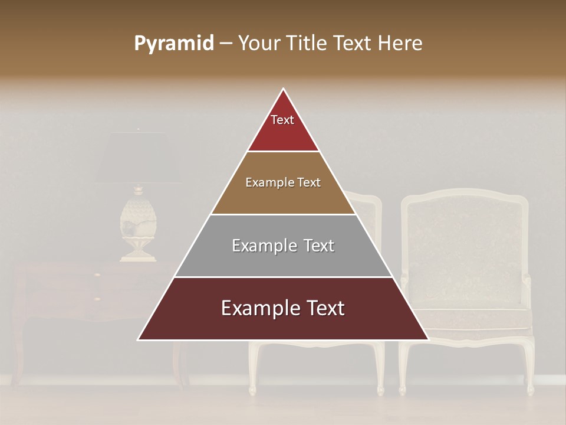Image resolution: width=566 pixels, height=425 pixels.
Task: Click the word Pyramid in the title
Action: tap(173, 44)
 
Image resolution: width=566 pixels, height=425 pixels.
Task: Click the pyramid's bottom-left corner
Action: tap(139, 339)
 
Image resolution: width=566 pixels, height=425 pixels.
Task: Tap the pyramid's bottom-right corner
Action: tap(427, 339)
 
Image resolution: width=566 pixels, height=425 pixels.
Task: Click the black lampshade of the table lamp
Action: tap(138, 157)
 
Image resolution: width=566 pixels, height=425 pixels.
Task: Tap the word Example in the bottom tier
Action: tap(254, 309)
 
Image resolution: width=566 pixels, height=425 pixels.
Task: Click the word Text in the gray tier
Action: tap(318, 246)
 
